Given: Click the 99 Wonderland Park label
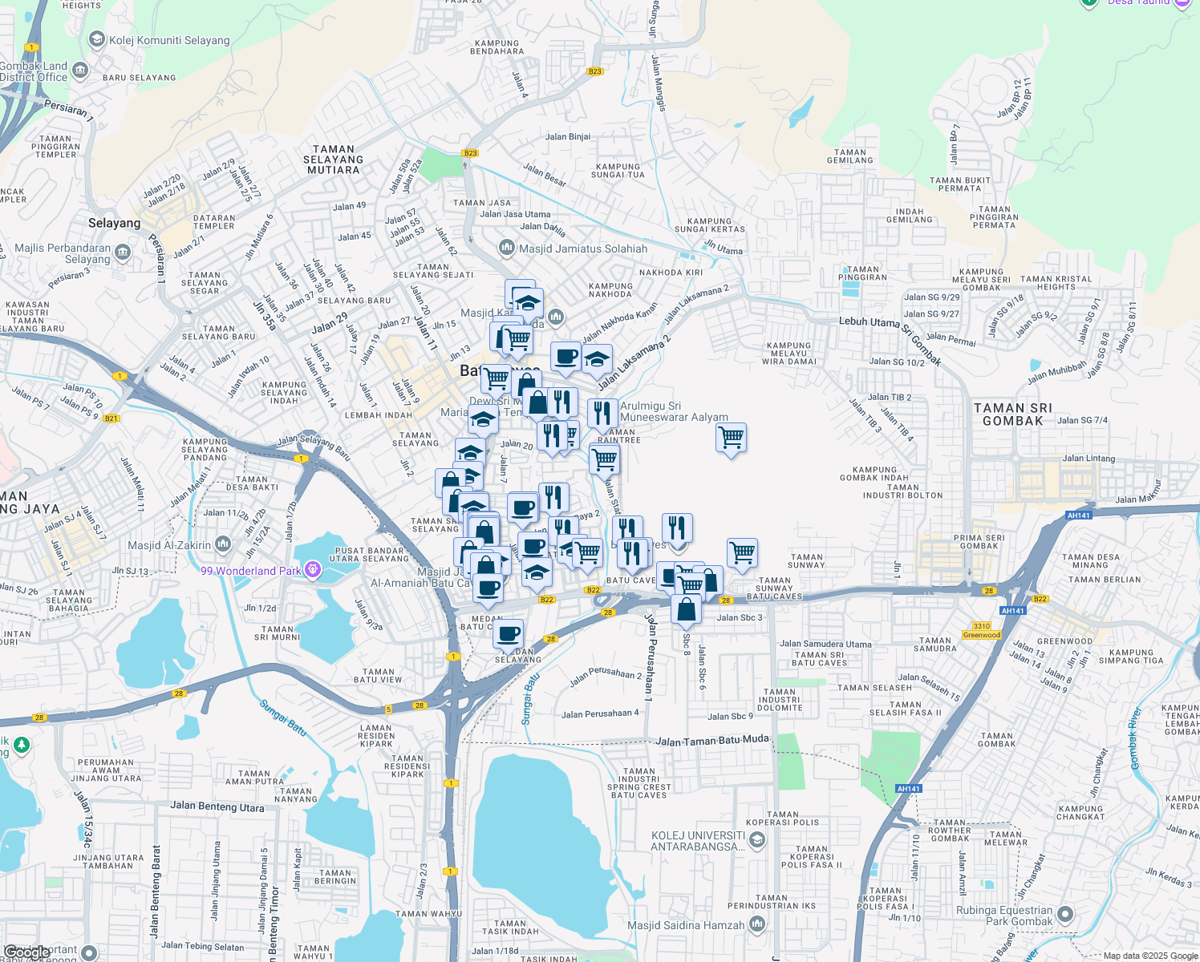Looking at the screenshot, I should click(251, 571).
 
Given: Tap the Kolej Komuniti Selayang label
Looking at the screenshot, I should click(169, 40).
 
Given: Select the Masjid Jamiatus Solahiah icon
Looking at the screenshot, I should click(506, 248).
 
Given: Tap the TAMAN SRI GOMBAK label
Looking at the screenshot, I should click(1012, 414).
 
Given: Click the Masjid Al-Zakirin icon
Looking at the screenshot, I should click(223, 545).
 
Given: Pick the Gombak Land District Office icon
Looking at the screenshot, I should click(80, 71).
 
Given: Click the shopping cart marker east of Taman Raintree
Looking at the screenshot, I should click(731, 439).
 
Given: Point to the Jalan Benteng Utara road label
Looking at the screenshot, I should click(217, 806).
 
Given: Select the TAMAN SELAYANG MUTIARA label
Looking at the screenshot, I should click(333, 160).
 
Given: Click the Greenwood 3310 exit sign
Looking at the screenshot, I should click(982, 630).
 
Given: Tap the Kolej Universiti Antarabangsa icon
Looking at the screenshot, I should click(757, 840).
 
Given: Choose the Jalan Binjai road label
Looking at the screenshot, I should click(568, 136).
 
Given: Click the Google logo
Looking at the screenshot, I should click(26, 952).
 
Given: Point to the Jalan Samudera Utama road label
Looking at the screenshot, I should click(825, 644).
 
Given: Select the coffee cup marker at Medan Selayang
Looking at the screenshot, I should click(508, 634).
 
